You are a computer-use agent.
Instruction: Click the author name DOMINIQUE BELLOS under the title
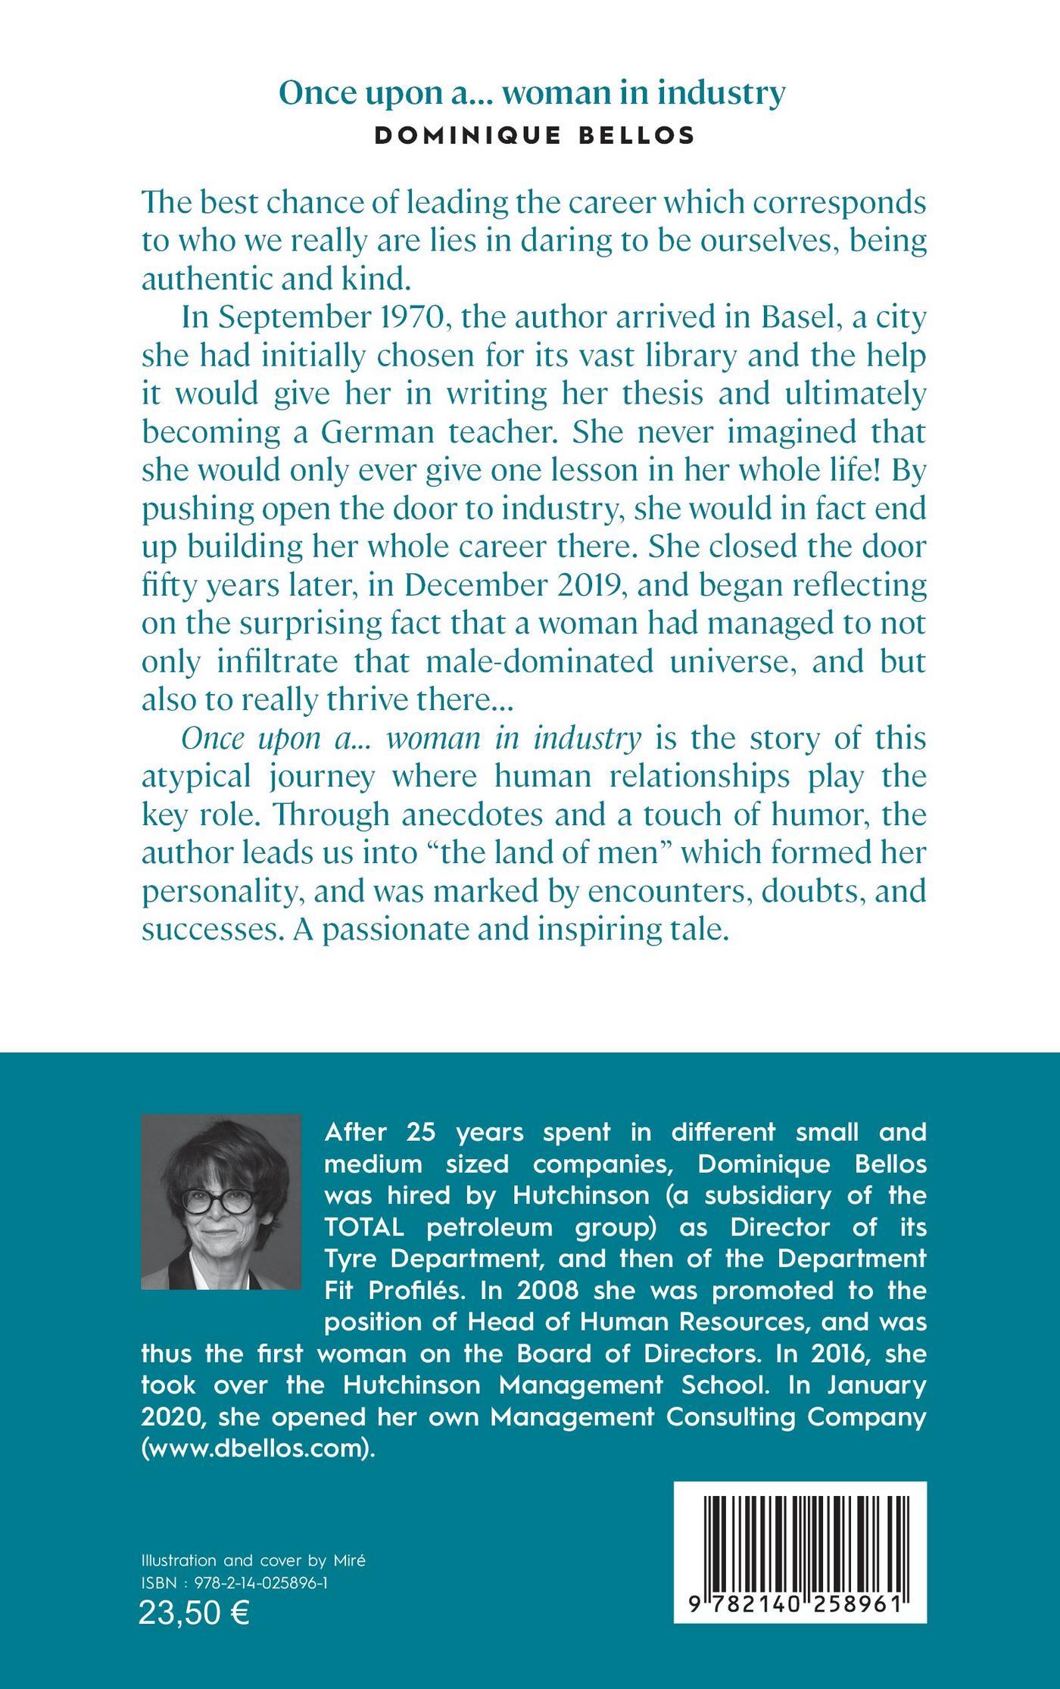[x=535, y=136]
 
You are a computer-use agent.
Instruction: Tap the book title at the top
[x=532, y=94]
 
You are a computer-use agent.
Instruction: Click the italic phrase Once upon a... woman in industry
[x=411, y=738]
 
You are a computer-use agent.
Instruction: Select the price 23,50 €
[x=194, y=1611]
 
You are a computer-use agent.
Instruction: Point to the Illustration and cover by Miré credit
[x=254, y=1560]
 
